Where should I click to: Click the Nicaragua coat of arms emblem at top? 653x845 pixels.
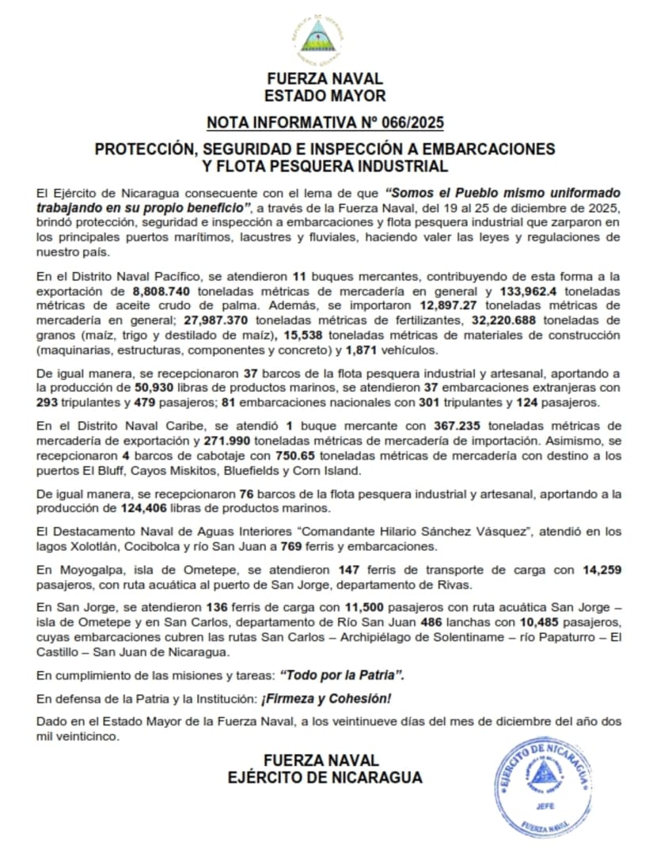pyautogui.click(x=318, y=40)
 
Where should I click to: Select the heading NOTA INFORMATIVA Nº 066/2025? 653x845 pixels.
pyautogui.click(x=325, y=123)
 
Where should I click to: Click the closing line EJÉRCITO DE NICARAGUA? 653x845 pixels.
pyautogui.click(x=324, y=778)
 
